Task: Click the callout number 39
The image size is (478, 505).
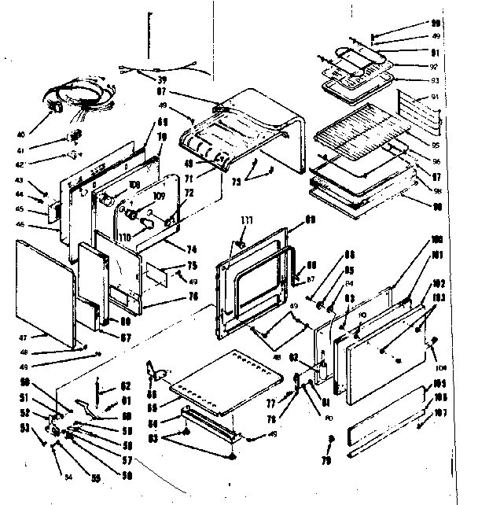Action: (162, 79)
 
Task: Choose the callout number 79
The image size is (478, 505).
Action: (327, 459)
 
